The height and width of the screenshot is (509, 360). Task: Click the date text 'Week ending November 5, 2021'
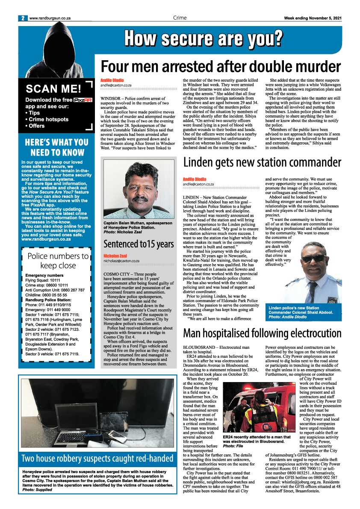pyautogui.click(x=313, y=18)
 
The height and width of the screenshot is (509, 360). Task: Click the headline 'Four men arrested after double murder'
pyautogui.click(x=221, y=67)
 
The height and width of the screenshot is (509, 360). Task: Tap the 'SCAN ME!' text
pyautogui.click(x=53, y=89)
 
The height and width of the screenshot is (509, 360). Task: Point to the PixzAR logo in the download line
pyautogui.click(x=83, y=100)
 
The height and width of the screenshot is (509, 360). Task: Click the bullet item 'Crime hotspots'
pyautogui.click(x=48, y=119)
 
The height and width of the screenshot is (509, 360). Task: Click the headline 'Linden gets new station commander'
pyautogui.click(x=262, y=163)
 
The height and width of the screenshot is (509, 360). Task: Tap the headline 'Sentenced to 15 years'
pyautogui.click(x=139, y=244)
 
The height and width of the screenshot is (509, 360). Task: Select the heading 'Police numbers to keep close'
pyautogui.click(x=58, y=261)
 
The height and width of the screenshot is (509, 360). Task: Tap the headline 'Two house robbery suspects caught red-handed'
pyautogui.click(x=97, y=459)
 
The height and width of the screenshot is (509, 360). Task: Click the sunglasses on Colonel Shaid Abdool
pyautogui.click(x=313, y=259)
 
